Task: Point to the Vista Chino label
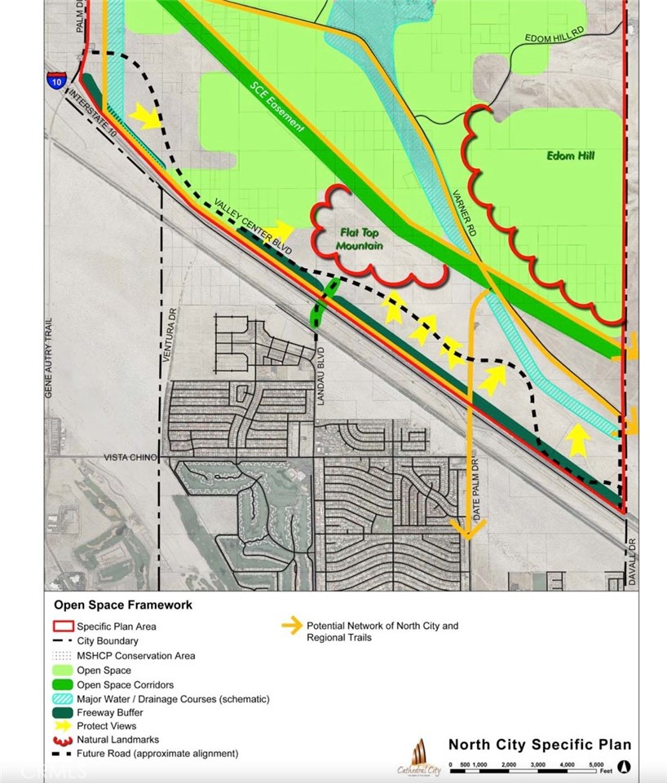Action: [x=125, y=459]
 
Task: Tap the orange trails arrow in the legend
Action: [x=291, y=627]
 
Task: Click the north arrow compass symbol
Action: [x=624, y=766]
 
